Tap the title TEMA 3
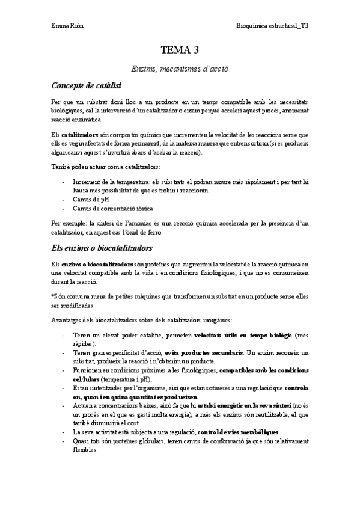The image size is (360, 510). coord(180,50)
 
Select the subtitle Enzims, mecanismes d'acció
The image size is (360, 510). coord(180,69)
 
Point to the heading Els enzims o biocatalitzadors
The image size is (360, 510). coord(102,248)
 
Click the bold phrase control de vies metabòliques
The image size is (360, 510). coord(239,432)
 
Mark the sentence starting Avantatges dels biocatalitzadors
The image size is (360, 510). coord(145,319)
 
